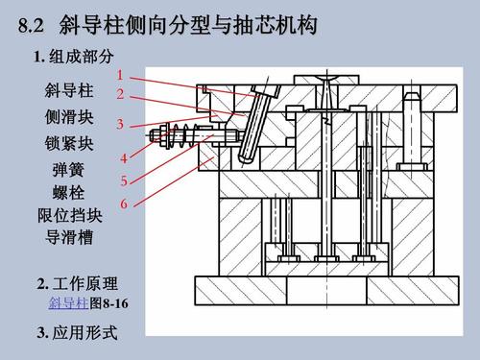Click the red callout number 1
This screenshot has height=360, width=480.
tap(120, 75)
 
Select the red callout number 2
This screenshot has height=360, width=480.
tap(120, 94)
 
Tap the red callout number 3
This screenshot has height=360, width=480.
tap(120, 124)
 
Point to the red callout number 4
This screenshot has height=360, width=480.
tap(124, 158)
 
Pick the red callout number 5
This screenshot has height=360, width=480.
tap(124, 180)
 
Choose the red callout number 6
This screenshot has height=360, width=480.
tap(124, 204)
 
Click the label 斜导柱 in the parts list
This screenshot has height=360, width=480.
tap(69, 90)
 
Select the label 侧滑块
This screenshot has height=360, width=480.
tap(69, 117)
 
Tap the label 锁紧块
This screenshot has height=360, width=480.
tap(69, 143)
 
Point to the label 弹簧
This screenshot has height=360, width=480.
tap(68, 170)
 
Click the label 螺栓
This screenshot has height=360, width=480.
tap(68, 193)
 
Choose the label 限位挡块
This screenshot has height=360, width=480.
tap(70, 215)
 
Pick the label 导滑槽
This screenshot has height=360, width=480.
tap(69, 237)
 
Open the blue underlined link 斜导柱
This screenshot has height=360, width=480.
tap(68, 302)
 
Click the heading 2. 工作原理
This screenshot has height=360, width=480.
tap(77, 283)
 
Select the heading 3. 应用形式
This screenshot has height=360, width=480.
tap(77, 332)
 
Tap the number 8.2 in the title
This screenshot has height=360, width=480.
tap(31, 25)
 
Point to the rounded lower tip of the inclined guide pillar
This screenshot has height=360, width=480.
tap(246, 157)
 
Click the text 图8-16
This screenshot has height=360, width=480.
tap(108, 303)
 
